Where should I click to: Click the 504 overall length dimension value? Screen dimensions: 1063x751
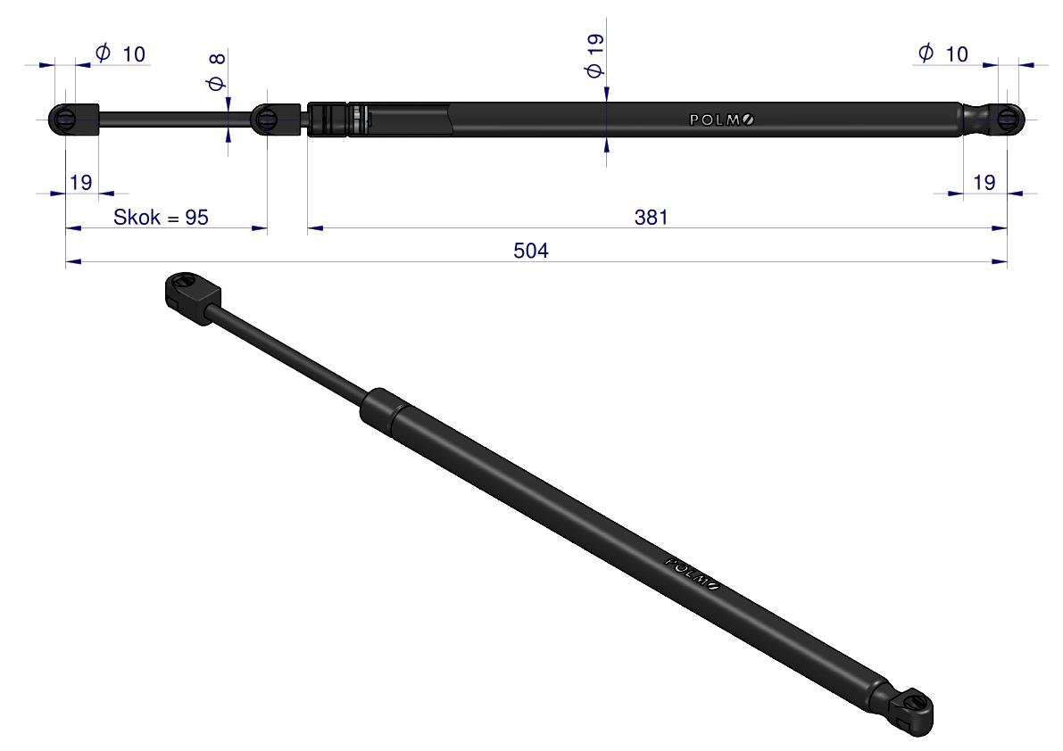(x=530, y=251)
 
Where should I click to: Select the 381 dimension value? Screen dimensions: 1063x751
(x=651, y=217)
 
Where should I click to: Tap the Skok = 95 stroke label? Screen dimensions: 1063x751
(x=161, y=217)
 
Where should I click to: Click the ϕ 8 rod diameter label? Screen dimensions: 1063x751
(x=216, y=72)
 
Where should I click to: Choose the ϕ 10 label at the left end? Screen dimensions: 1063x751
(x=120, y=53)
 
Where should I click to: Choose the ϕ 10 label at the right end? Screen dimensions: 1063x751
(x=943, y=53)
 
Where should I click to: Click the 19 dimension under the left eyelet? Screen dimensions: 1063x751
(x=80, y=182)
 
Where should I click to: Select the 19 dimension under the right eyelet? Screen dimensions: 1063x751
(x=984, y=182)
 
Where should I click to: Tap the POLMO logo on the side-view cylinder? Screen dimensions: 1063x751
(x=721, y=120)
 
